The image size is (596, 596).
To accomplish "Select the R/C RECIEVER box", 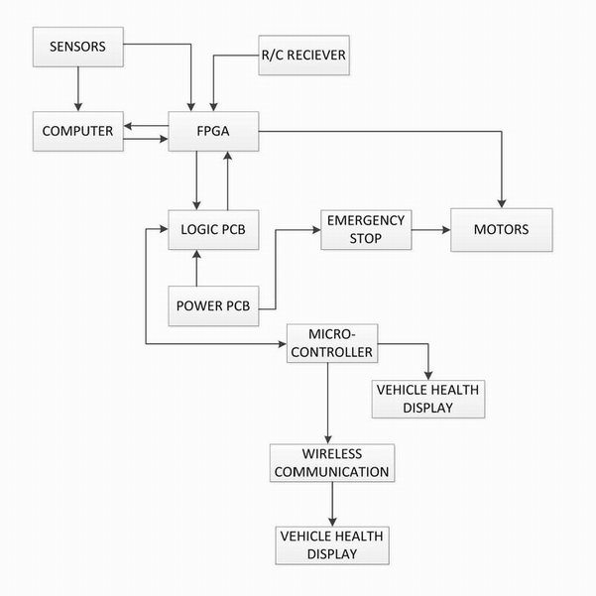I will pos(302,56).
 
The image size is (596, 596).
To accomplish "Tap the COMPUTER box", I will pos(77,131).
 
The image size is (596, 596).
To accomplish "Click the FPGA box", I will pos(213,131).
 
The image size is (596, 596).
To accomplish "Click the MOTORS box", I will pos(500,229).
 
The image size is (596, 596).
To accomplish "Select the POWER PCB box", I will pos(213,304).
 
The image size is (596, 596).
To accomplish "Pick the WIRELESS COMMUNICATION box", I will pos(331,462).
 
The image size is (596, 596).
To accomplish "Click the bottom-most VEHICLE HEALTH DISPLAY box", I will pos(331,543).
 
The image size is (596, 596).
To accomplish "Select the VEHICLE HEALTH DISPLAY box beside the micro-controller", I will pos(427,397).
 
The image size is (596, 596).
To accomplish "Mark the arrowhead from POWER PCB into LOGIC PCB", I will pos(197,254).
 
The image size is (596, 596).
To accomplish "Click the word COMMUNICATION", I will pos(331,471).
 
